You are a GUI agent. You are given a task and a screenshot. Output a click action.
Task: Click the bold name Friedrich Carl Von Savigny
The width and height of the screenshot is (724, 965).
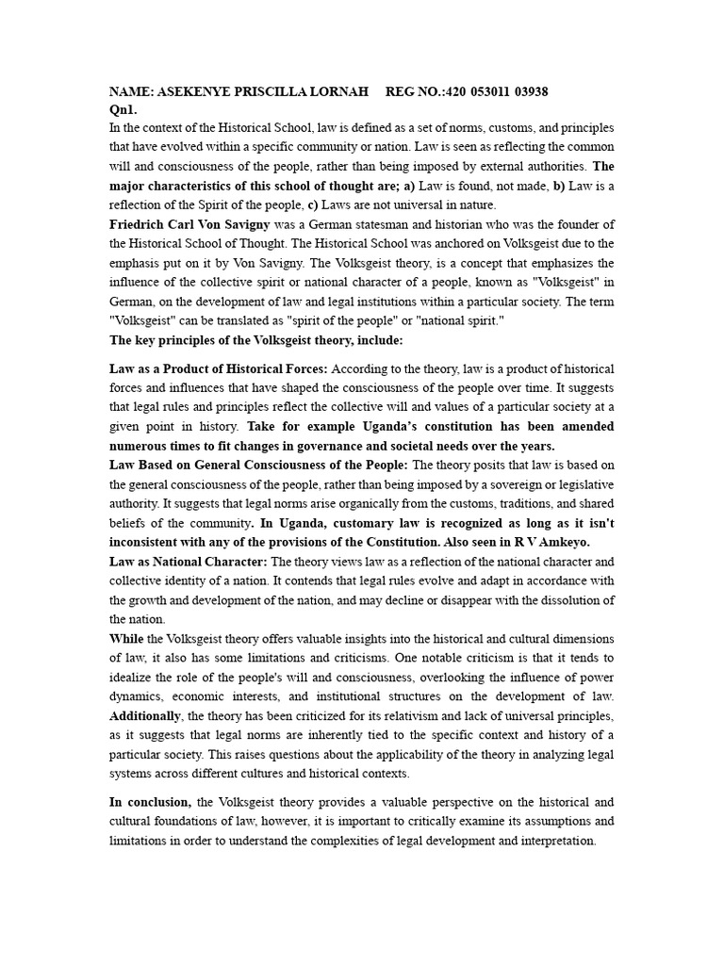[189, 223]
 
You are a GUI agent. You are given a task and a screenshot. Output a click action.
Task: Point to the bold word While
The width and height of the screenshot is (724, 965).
[126, 638]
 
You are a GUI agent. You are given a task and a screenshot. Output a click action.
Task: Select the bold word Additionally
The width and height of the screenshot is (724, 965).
[150, 715]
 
